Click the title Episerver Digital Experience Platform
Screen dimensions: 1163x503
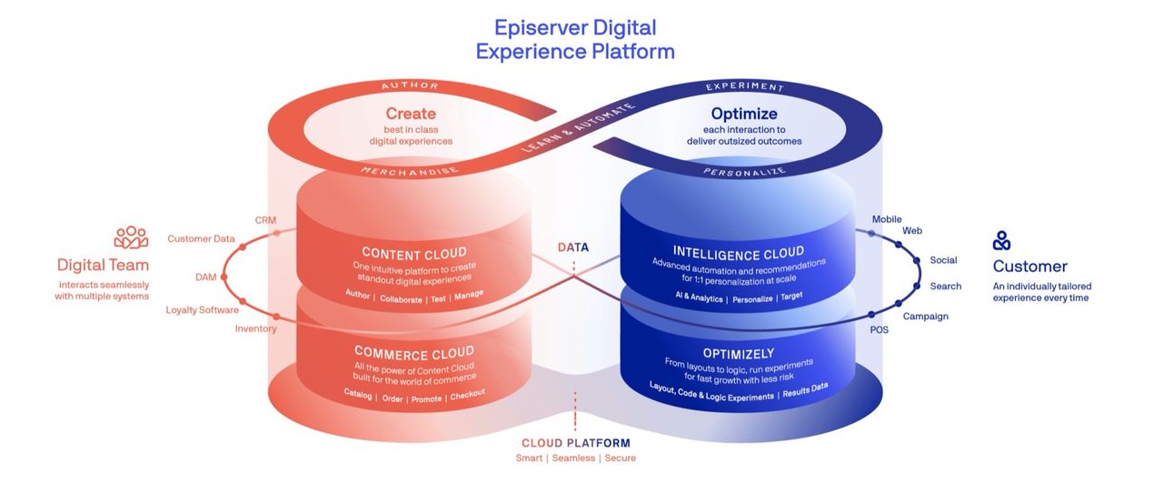(575, 39)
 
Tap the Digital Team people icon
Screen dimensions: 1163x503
(131, 237)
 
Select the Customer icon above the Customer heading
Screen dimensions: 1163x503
(1001, 241)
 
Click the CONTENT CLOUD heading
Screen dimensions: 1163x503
(414, 254)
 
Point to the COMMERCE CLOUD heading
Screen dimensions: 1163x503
(414, 353)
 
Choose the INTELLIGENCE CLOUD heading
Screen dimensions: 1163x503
(739, 253)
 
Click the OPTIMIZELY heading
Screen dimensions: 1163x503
(739, 354)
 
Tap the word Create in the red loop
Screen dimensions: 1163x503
(411, 114)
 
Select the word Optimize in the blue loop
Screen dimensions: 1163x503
(744, 114)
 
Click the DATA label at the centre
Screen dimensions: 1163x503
(573, 247)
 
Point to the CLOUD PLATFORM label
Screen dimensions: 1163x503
(576, 443)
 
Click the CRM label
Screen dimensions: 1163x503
(265, 220)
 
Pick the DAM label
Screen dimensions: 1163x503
(205, 277)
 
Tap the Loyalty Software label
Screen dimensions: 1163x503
(202, 310)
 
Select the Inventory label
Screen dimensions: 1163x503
(255, 328)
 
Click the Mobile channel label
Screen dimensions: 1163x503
(887, 219)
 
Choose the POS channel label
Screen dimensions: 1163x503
(879, 330)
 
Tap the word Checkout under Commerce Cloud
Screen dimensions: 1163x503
(467, 395)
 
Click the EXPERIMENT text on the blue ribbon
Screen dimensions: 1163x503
(744, 86)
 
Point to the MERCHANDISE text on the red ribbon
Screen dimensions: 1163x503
(410, 172)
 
